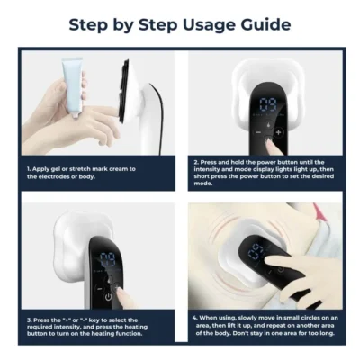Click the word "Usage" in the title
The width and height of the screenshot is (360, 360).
[x=210, y=25]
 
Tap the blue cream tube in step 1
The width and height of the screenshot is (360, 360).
[x=73, y=86]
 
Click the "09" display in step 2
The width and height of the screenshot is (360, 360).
[x=268, y=105]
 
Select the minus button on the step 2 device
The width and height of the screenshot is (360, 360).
[x=258, y=132]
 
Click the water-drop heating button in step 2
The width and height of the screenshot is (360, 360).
[x=269, y=124]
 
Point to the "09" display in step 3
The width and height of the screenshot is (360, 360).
[x=108, y=259]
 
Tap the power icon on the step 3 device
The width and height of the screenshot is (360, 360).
[x=108, y=297]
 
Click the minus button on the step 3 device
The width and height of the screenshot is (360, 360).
[x=99, y=289]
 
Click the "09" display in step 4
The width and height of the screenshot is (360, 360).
[x=256, y=251]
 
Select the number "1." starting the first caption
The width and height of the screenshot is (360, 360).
[x=29, y=169]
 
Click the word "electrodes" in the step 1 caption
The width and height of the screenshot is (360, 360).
[x=53, y=176]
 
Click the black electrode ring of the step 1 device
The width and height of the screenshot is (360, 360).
[x=123, y=92]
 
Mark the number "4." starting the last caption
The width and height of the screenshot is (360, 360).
[x=195, y=318]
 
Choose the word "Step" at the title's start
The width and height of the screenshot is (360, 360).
[x=88, y=25]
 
